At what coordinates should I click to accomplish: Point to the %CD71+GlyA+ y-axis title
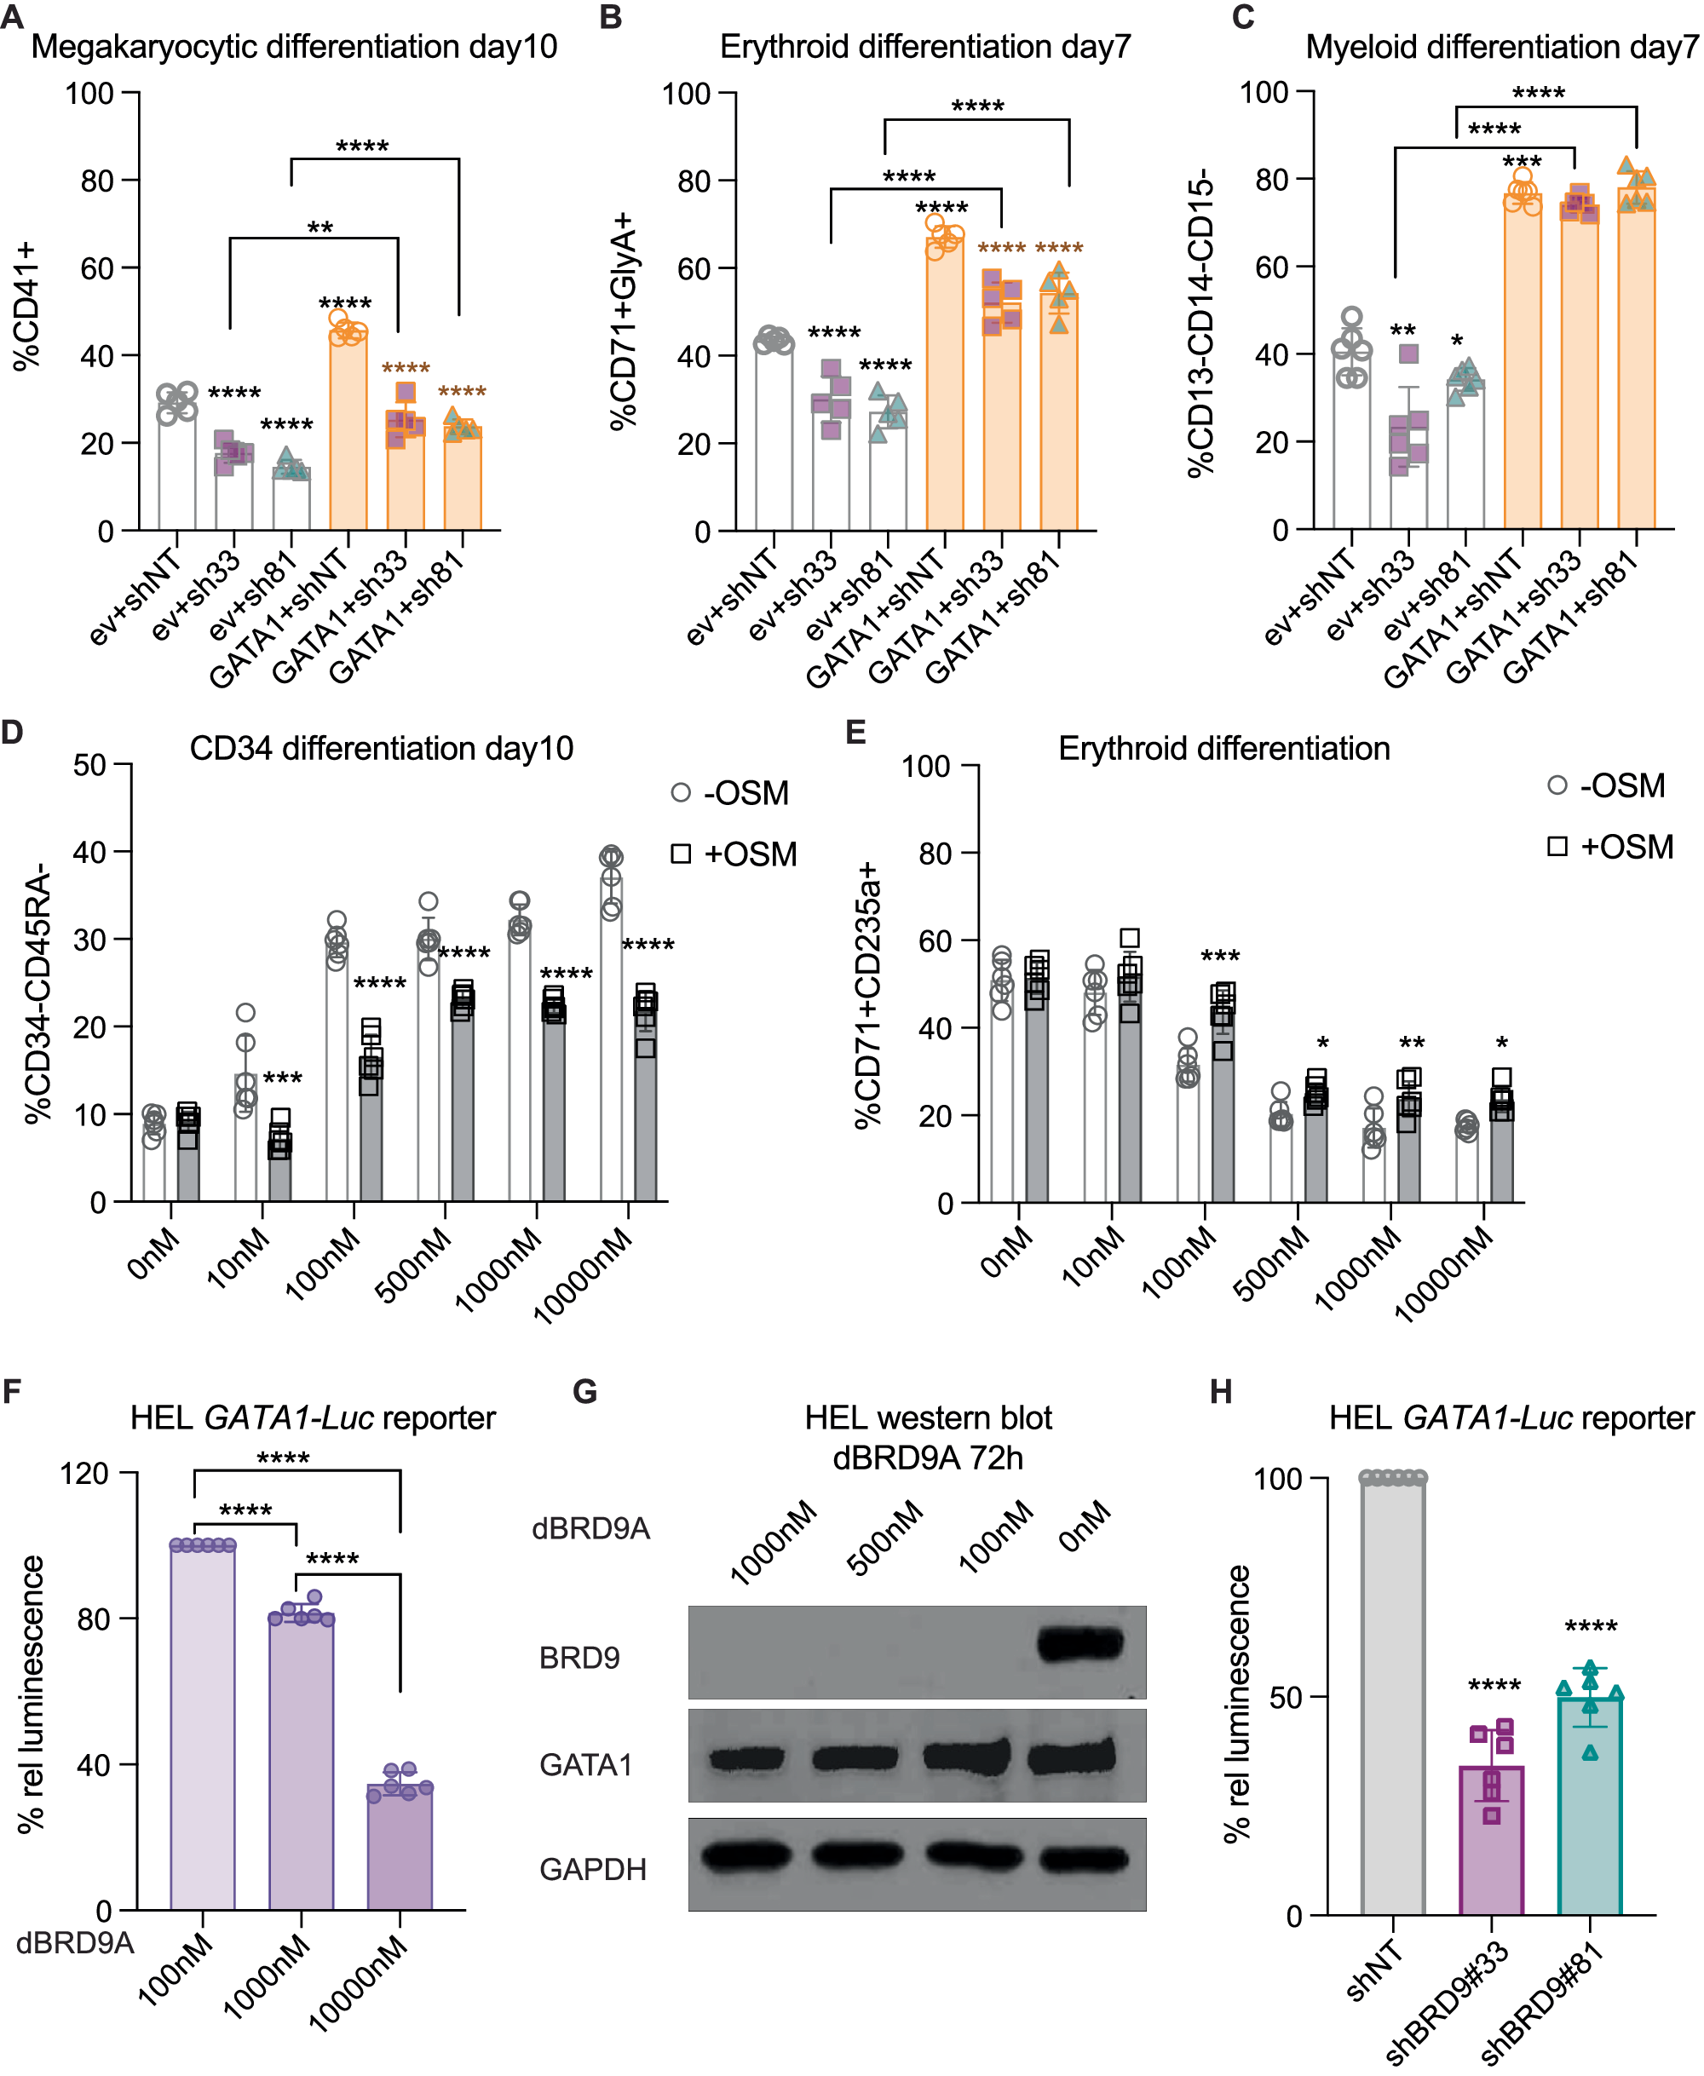[x=622, y=321]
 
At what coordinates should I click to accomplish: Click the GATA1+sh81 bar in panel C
[x=1635, y=363]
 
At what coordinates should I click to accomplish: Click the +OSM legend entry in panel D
[x=734, y=853]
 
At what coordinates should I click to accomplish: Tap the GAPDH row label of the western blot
[x=592, y=1869]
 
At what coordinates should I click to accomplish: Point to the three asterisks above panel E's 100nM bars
[x=1219, y=956]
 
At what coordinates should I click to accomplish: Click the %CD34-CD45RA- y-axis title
[x=37, y=992]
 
